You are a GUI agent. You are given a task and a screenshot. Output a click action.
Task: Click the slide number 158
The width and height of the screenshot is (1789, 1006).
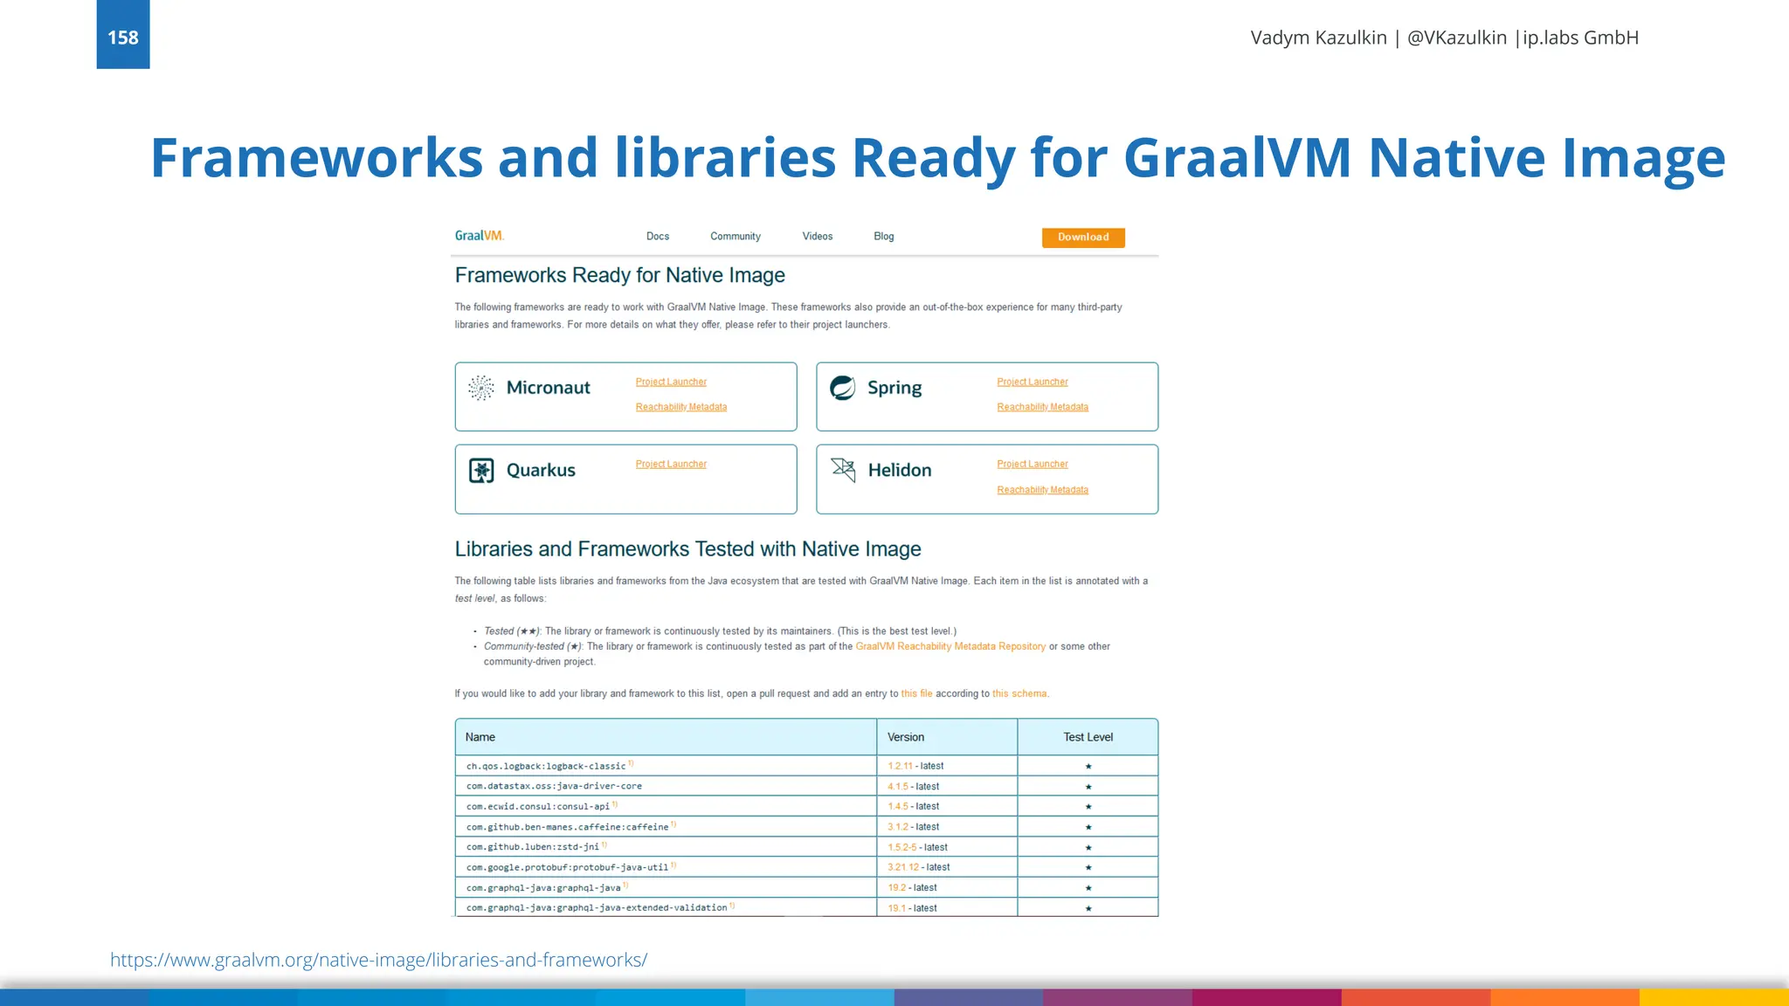point(123,37)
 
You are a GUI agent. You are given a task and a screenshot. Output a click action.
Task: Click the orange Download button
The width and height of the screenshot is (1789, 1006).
point(1083,238)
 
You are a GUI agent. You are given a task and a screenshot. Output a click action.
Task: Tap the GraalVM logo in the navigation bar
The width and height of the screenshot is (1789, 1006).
point(480,236)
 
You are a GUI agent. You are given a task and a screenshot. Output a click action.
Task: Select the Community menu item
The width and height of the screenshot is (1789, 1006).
point(736,237)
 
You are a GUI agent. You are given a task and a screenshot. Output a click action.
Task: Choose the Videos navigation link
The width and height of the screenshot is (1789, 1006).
point(818,237)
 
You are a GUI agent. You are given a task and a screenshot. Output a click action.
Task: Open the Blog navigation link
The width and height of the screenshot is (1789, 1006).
point(884,237)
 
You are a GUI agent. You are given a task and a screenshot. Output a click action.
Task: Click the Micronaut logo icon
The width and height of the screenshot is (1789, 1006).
point(481,388)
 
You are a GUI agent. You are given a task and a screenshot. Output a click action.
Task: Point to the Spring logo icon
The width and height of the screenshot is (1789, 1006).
point(843,388)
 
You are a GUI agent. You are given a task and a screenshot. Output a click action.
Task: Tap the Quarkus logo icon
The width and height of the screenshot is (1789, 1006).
point(481,471)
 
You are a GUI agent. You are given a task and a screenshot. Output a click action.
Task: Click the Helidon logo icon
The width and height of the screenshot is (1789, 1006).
point(843,470)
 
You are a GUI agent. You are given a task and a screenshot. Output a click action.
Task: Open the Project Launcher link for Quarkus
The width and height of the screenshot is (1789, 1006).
point(671,465)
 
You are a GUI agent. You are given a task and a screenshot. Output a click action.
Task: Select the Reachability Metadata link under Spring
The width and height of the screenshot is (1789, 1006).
point(1043,408)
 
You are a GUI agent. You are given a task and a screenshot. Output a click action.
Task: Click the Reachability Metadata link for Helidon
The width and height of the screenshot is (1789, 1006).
point(1043,491)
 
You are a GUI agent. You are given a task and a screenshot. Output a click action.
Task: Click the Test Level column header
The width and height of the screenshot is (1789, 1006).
point(1088,738)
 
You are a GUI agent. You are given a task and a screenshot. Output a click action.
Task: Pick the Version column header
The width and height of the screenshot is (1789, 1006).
point(906,738)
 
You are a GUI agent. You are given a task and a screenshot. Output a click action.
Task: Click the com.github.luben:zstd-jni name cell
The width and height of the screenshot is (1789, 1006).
point(533,847)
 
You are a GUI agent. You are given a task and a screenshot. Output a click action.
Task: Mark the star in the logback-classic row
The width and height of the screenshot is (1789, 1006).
point(1088,767)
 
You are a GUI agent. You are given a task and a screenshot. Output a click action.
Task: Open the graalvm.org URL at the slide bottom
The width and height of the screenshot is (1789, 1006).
point(378,961)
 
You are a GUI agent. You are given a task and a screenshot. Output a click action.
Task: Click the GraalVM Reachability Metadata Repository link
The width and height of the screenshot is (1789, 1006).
point(950,647)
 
